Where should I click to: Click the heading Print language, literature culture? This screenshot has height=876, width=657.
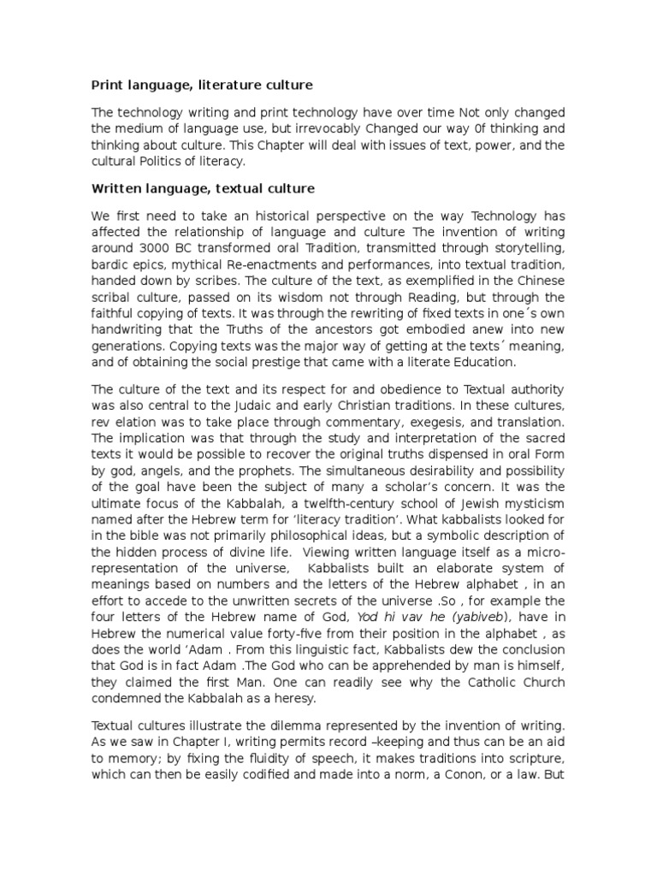coord(202,86)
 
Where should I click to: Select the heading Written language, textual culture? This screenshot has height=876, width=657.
coord(204,187)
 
